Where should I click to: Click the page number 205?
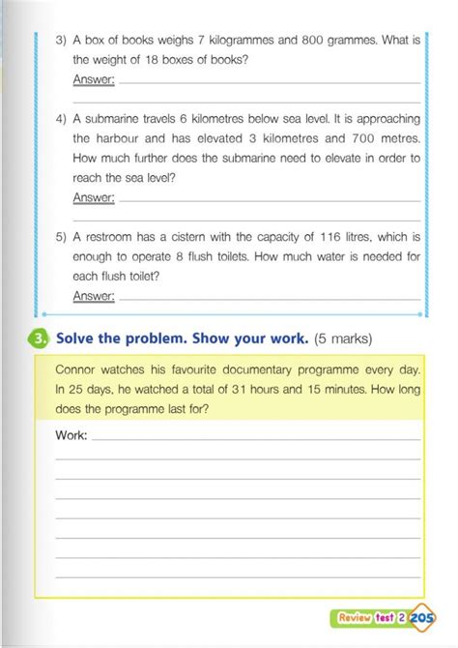[x=422, y=615]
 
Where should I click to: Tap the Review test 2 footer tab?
[x=371, y=616]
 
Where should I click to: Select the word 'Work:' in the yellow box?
[x=72, y=435]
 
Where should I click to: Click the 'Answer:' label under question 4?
[x=94, y=196]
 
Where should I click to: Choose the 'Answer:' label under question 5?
[x=94, y=296]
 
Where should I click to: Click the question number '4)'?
[x=60, y=119]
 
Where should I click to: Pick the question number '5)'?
[x=60, y=237]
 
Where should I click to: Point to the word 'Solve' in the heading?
[x=79, y=339]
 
